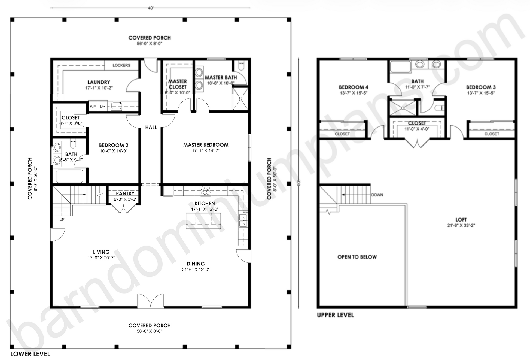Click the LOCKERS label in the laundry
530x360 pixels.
(x=121, y=65)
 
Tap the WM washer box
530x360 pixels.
(x=93, y=106)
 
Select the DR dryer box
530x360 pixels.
(x=103, y=106)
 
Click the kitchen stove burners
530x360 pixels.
(x=205, y=191)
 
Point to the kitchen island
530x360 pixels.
(x=203, y=221)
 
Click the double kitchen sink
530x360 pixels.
(x=243, y=221)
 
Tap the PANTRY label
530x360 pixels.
(x=125, y=193)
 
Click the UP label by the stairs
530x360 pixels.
(x=62, y=219)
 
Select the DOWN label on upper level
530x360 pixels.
(x=377, y=195)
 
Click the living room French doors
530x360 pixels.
(x=151, y=301)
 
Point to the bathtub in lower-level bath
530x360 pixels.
(x=70, y=176)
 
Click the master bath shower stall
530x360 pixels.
(x=240, y=99)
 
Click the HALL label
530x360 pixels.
(x=151, y=127)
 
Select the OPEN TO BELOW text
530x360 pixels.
(x=357, y=257)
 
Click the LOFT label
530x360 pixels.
(x=461, y=220)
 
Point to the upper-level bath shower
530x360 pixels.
(x=403, y=108)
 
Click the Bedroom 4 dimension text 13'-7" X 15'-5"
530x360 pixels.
(x=354, y=93)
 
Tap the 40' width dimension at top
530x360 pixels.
(x=151, y=8)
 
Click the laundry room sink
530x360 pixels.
(x=116, y=106)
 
